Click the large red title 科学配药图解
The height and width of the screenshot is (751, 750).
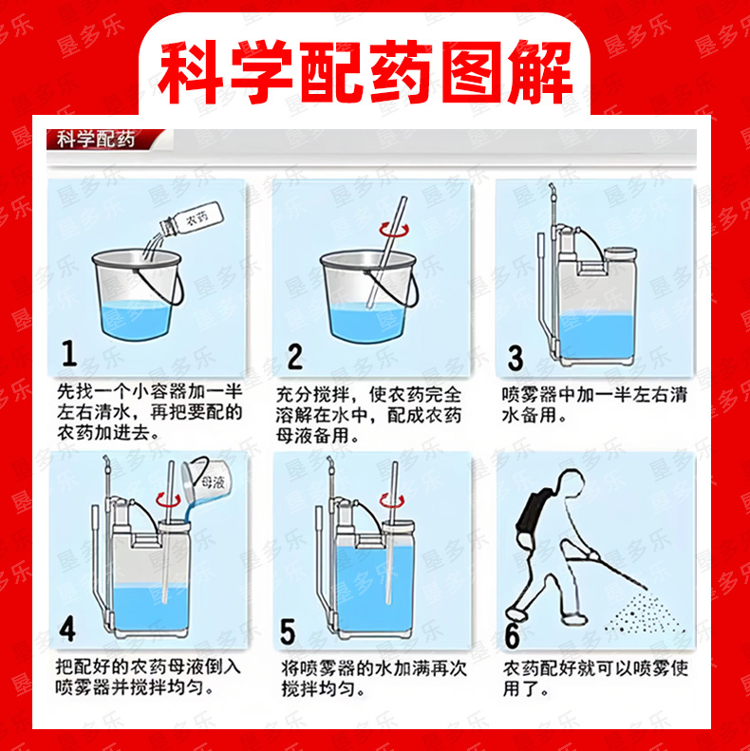point(365,72)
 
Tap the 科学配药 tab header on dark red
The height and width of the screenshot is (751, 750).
point(96,140)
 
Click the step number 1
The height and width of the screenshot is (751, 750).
point(70,353)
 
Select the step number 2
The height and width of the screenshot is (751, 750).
point(295,356)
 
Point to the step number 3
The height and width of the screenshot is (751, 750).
point(516,358)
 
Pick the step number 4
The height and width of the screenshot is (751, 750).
point(68,629)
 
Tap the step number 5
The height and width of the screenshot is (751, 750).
point(288,631)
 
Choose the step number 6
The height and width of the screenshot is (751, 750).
point(513,635)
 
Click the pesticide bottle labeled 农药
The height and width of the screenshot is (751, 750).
point(192,220)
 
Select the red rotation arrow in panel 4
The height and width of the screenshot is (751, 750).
point(168,500)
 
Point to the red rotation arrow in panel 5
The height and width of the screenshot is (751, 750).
point(392,500)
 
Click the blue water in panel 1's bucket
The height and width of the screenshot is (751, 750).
point(137,319)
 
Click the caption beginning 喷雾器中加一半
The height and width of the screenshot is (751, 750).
point(595,404)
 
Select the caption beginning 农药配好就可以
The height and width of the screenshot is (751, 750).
point(595,679)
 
